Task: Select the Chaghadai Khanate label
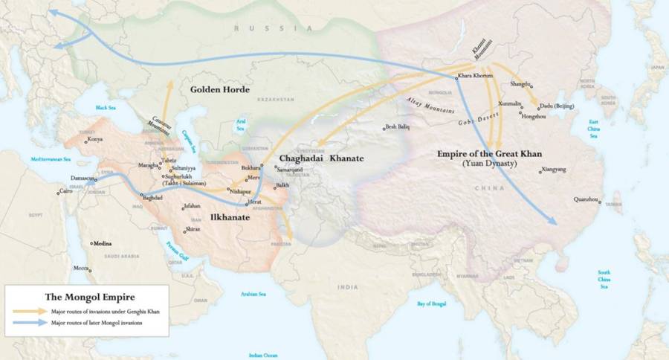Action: pyautogui.click(x=322, y=158)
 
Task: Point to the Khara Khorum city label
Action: pyautogui.click(x=476, y=76)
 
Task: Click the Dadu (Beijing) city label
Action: pyautogui.click(x=557, y=106)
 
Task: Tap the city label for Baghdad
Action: pyautogui.click(x=152, y=198)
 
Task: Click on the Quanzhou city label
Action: pyautogui.click(x=586, y=199)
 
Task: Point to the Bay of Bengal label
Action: pyautogui.click(x=432, y=303)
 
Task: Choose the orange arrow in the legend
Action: pyautogui.click(x=29, y=311)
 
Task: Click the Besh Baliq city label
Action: pyautogui.click(x=398, y=127)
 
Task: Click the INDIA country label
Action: pyautogui.click(x=346, y=286)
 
